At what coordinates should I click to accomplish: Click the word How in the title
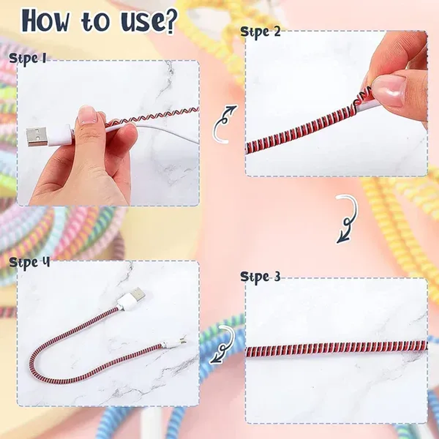click(45, 21)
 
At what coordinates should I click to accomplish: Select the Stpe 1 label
click(27, 58)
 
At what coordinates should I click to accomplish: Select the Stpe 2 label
click(260, 32)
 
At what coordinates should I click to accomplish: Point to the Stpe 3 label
click(260, 277)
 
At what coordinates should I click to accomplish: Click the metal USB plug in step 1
click(37, 136)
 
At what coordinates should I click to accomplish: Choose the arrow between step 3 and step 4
click(222, 344)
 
